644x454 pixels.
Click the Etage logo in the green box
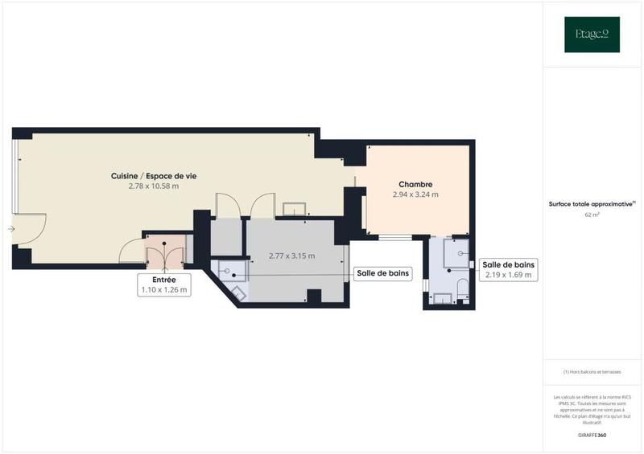tap(592, 35)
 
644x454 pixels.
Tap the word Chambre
tap(415, 184)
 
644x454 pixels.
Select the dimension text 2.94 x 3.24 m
tap(415, 194)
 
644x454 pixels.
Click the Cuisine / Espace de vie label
tap(153, 175)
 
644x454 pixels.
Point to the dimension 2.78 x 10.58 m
tap(153, 186)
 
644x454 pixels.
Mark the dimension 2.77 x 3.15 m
tap(291, 256)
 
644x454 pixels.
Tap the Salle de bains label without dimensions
tap(383, 273)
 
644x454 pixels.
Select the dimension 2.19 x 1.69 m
tap(508, 275)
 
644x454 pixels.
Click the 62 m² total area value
tap(592, 215)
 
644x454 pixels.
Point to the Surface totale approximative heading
tap(590, 204)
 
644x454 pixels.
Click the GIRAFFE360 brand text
tap(592, 435)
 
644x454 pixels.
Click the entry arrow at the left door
tap(10, 229)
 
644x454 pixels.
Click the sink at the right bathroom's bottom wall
tap(443, 298)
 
